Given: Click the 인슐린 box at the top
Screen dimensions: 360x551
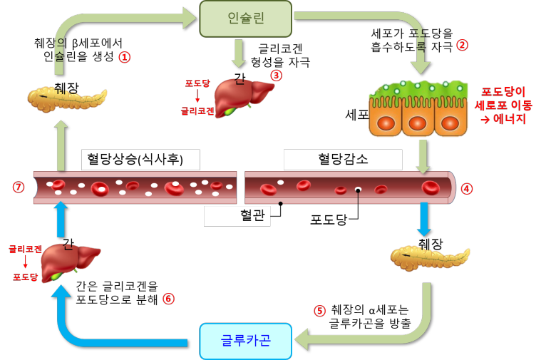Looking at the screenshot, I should (244, 19).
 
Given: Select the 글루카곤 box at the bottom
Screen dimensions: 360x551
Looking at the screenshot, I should (245, 341).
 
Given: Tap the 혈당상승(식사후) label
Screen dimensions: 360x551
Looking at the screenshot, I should (140, 160).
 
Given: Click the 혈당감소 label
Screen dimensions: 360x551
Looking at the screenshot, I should (342, 160).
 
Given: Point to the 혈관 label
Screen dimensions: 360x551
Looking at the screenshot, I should (237, 216).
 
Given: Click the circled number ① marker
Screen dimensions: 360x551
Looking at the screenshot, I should (125, 57).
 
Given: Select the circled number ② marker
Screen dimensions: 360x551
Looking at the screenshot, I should (462, 45).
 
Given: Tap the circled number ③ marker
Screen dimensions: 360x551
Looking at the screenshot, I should (277, 75).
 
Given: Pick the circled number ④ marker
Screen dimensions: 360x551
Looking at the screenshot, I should (467, 189).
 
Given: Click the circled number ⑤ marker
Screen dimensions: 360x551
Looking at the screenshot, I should (319, 311).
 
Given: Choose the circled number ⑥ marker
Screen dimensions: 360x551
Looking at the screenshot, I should (168, 299).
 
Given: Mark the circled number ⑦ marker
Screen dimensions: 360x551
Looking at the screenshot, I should (19, 187).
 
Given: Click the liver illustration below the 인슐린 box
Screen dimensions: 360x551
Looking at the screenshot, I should (242, 96).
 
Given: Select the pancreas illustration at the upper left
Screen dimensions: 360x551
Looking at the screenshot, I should (67, 99).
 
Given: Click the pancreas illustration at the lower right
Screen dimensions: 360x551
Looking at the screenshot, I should (430, 257).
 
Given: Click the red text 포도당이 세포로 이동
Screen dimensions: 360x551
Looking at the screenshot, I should (503, 105).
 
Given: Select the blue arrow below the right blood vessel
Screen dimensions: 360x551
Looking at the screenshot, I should (424, 219).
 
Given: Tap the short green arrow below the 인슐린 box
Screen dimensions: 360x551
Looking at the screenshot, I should (239, 53).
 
